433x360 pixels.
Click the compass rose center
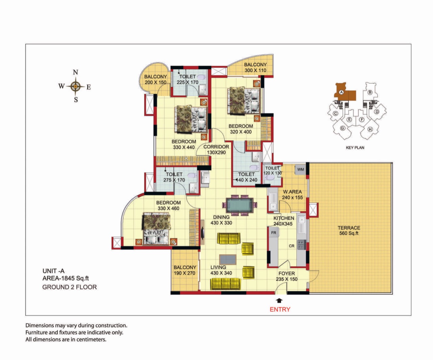point(76,86)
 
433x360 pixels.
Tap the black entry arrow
point(279,300)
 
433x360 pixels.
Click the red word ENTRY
point(280,309)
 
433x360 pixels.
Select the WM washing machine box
point(300,170)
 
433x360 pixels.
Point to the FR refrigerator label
point(274,233)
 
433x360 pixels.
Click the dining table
point(240,205)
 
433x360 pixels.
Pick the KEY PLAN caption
point(355,148)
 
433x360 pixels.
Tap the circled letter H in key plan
point(370,129)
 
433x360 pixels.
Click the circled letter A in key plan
point(341,92)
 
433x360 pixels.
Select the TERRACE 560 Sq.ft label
point(349,230)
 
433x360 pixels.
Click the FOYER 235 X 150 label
point(287,276)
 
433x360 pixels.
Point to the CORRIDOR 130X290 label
point(216,150)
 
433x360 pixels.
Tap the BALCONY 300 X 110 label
point(255,67)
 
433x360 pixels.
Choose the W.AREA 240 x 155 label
point(292,195)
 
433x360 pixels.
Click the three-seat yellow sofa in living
point(225,284)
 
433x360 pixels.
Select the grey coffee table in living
point(228,260)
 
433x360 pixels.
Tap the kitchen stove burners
point(301,244)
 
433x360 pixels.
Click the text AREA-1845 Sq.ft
point(66,278)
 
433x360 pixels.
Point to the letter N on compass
point(75,72)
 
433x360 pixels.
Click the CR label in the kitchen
point(292,246)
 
